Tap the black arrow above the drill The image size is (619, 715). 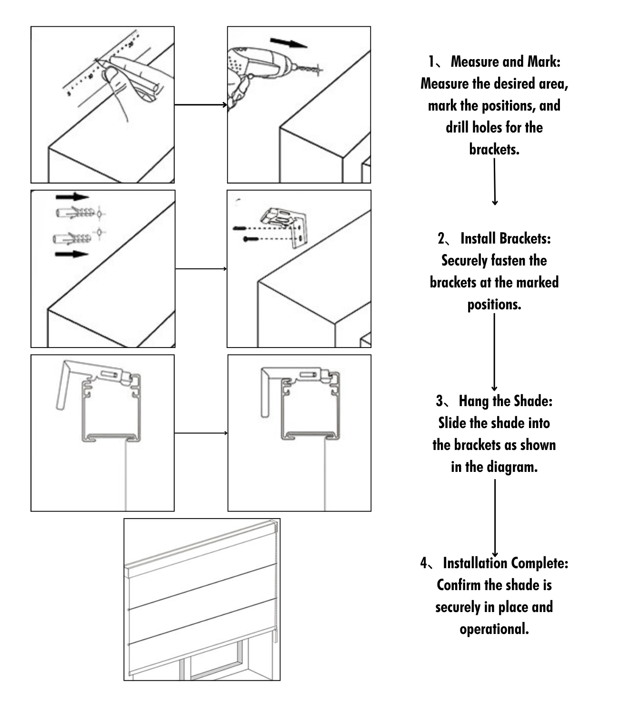pos(288,43)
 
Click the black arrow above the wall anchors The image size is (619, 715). pos(72,197)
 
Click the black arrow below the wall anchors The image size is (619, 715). pos(72,254)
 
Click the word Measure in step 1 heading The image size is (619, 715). pos(473,62)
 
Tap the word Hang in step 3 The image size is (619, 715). pos(474,401)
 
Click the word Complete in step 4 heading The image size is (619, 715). pos(540,563)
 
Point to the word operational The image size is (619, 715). pos(494,629)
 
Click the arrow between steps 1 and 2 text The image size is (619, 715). pos(495,181)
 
